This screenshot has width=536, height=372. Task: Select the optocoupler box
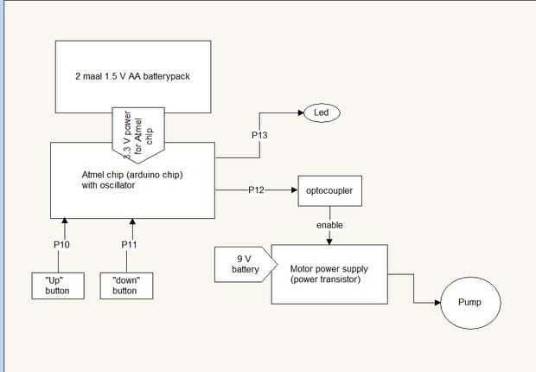click(x=329, y=189)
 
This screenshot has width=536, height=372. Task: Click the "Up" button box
click(x=57, y=285)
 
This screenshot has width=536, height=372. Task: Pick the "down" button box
click(x=124, y=285)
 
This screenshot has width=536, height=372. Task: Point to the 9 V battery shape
click(x=242, y=264)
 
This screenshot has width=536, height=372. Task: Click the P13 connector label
click(x=260, y=136)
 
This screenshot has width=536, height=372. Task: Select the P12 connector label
click(x=257, y=189)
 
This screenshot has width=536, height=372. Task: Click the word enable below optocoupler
click(x=329, y=225)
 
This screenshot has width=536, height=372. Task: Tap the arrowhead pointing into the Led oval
click(x=297, y=112)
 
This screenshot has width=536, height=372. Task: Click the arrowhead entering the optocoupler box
click(x=293, y=189)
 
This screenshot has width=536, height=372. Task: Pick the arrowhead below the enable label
click(x=329, y=241)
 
